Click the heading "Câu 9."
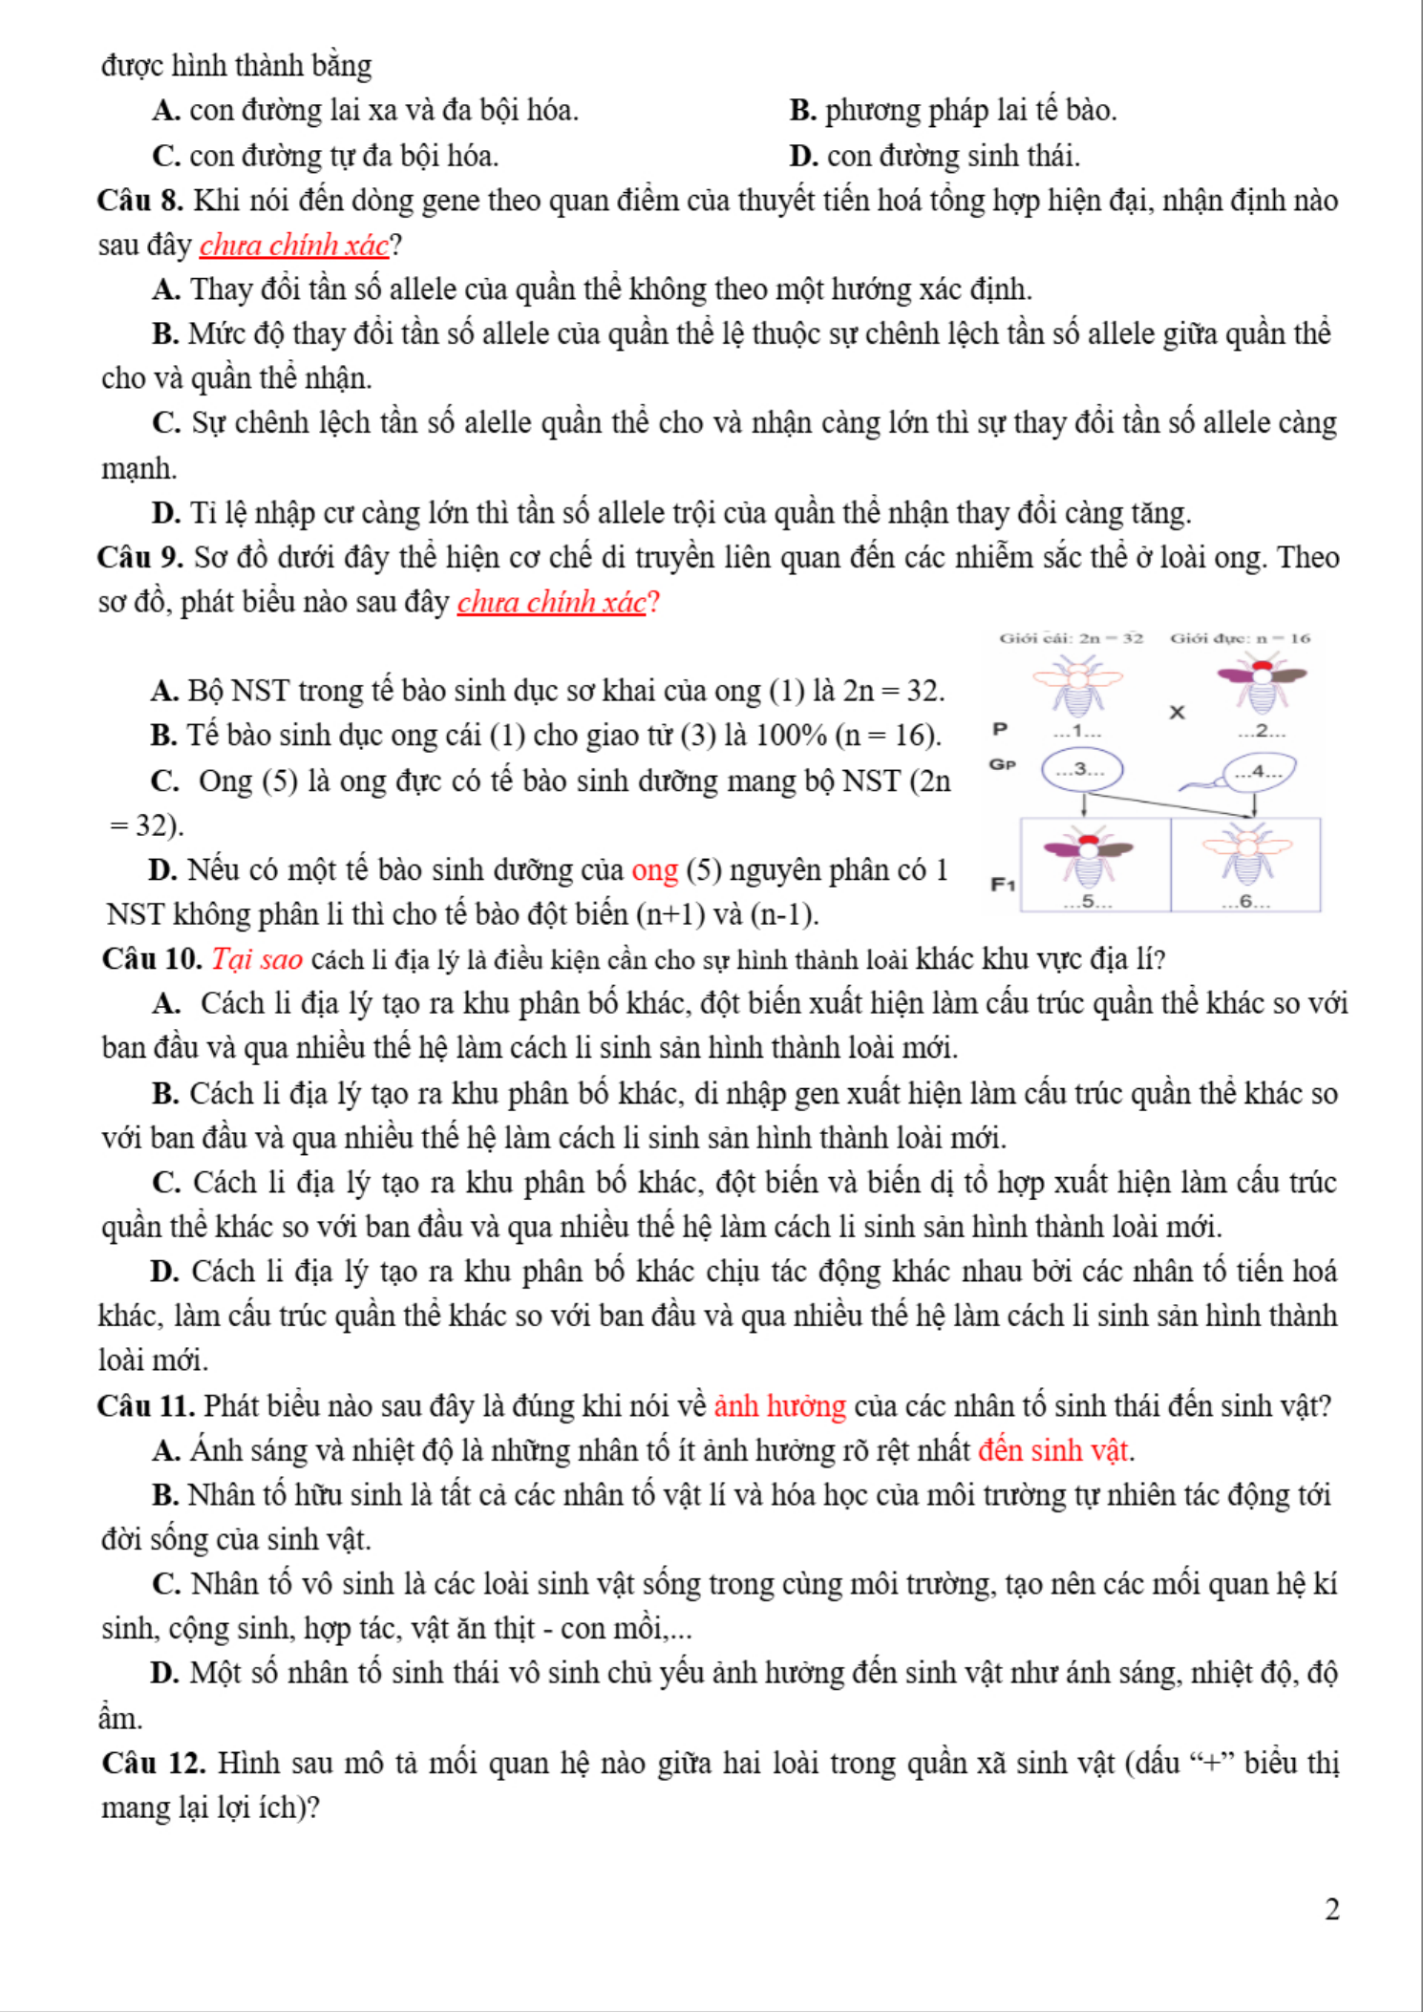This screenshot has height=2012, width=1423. point(139,558)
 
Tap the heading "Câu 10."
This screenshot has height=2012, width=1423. point(151,959)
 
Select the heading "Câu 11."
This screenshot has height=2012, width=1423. point(145,1406)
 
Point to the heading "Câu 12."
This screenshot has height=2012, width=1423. point(153,1764)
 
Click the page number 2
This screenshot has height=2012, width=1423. point(1332,1909)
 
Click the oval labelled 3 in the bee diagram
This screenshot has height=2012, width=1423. point(1082,770)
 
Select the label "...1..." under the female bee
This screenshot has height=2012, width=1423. point(1077,732)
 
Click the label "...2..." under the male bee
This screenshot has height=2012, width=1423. point(1261,732)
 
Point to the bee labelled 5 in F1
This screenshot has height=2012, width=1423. point(1088,858)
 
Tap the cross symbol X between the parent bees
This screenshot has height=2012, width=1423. point(1177,712)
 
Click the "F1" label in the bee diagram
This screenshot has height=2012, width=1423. point(1002,885)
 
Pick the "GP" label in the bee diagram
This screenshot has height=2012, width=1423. point(1002,764)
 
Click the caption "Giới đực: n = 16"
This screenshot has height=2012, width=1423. point(1240,638)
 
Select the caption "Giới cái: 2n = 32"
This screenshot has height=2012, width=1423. point(1071,638)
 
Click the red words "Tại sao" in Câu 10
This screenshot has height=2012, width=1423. point(257,959)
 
